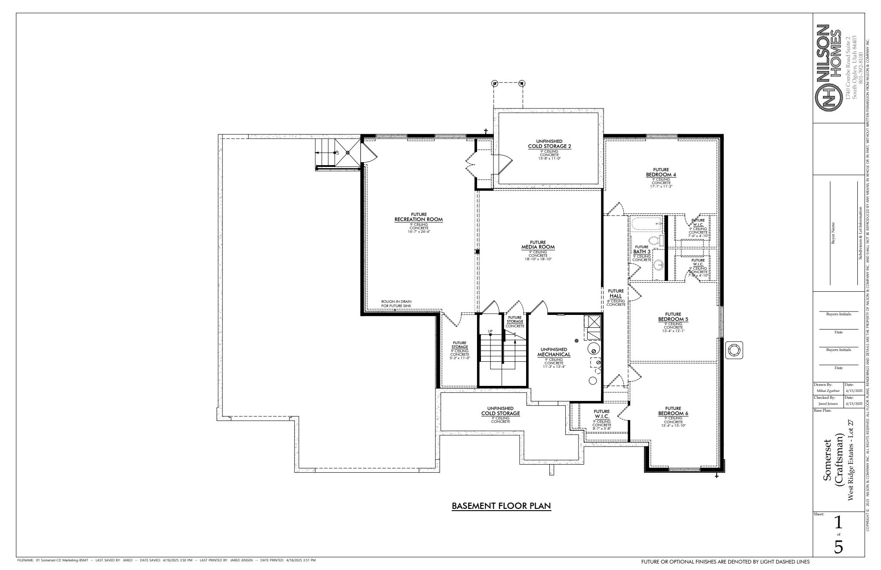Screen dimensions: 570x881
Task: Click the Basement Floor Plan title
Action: click(x=501, y=506)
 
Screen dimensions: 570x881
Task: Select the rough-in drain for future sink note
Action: click(x=396, y=304)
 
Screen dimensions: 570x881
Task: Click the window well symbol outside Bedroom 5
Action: click(x=734, y=350)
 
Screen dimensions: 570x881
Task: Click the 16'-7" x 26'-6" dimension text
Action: click(x=419, y=231)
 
